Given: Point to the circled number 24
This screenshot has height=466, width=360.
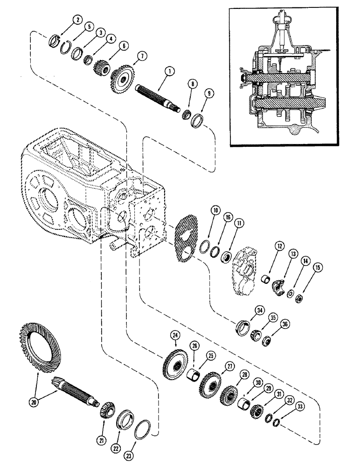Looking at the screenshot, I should (x=175, y=335).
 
